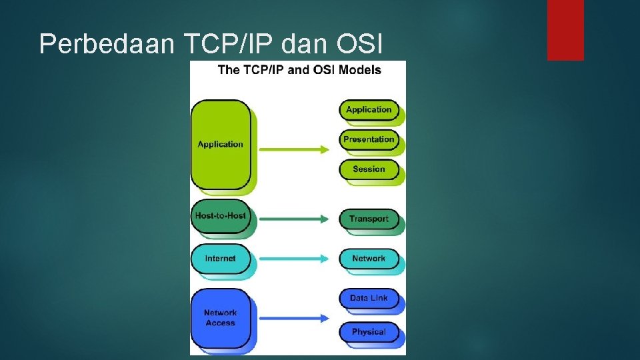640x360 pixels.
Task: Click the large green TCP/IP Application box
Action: [x=221, y=144]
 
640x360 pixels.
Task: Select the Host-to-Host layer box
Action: [x=221, y=216]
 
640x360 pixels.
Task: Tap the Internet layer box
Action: [x=221, y=259]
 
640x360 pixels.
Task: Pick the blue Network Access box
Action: [x=221, y=317]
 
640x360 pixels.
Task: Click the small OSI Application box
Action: [x=369, y=110]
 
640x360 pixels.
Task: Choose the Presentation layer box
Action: [x=369, y=139]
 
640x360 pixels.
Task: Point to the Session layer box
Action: [x=369, y=169]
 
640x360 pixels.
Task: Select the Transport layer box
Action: [x=369, y=219]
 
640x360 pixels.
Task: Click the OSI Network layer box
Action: [x=369, y=259]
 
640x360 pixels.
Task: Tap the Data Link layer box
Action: [x=369, y=298]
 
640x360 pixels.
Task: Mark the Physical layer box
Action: [x=369, y=332]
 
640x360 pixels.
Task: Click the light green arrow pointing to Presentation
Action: [x=294, y=149]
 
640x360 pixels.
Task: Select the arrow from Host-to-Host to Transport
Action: [x=294, y=218]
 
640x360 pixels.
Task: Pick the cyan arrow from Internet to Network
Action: [x=294, y=259]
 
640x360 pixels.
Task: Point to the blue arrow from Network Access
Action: [x=294, y=317]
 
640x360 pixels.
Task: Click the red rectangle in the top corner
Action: [x=565, y=29]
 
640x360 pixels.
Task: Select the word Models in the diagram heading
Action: [x=359, y=70]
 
